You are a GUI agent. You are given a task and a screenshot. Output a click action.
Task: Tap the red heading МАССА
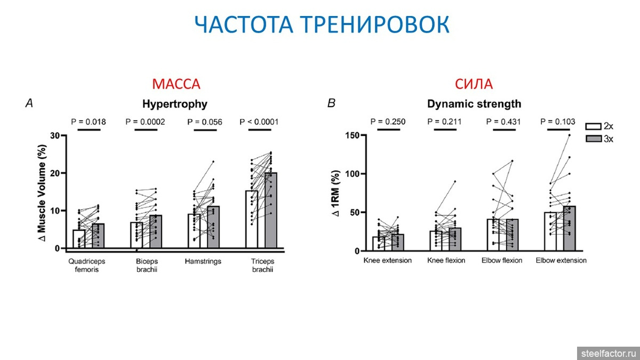point(176,84)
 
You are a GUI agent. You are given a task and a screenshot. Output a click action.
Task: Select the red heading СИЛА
point(474,84)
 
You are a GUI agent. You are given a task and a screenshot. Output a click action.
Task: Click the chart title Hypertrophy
point(174,103)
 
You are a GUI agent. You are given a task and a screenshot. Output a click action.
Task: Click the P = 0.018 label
point(89,122)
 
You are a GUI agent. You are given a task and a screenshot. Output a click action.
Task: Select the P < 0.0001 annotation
point(263,122)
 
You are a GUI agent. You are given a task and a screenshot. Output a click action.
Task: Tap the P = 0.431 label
point(505,122)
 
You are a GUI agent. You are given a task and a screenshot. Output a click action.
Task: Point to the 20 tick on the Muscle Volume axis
point(55,173)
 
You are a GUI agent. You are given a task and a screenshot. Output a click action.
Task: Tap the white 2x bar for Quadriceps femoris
point(79,239)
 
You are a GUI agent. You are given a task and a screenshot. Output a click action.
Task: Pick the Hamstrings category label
point(203,261)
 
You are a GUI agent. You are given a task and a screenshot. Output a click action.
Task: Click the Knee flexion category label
point(446,261)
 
